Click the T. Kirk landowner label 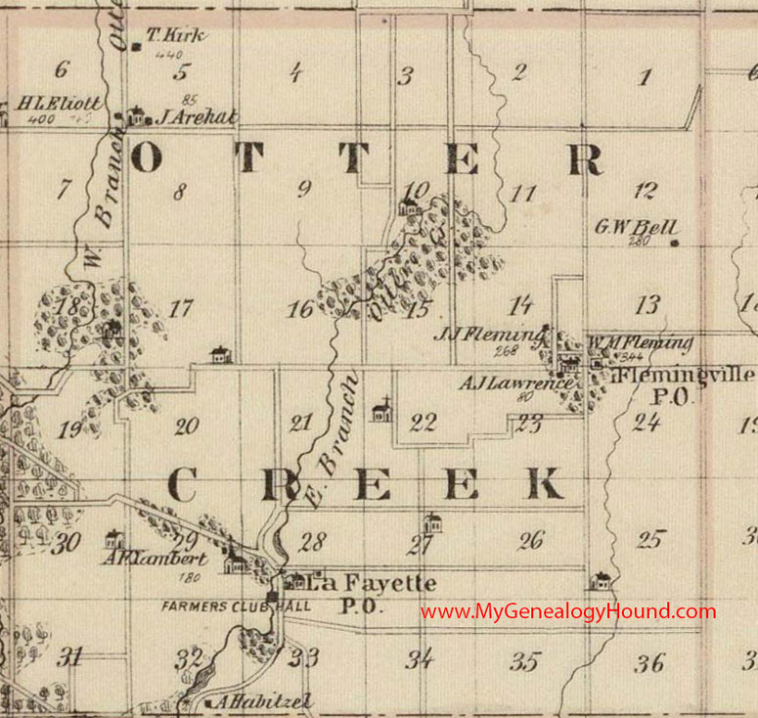(x=176, y=36)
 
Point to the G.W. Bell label (x=637, y=227)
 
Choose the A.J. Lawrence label (x=502, y=382)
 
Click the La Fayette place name (x=372, y=583)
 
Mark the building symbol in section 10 (x=409, y=206)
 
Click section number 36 (x=649, y=663)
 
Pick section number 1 (x=642, y=78)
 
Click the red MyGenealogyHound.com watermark (x=568, y=611)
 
